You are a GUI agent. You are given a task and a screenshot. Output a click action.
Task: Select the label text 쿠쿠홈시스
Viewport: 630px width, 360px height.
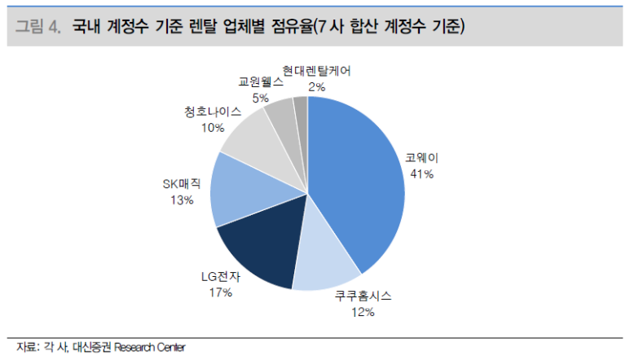(363, 297)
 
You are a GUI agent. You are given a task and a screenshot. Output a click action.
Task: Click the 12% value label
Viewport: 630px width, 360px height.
(363, 312)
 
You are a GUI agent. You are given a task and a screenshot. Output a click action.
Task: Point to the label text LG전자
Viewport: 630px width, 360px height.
(221, 277)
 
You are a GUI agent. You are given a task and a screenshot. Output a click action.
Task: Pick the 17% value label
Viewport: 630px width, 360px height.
(221, 292)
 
